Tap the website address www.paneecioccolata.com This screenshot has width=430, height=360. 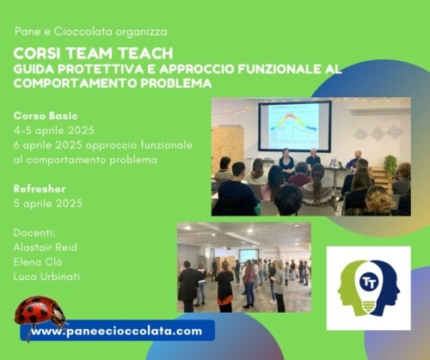tap(117, 331)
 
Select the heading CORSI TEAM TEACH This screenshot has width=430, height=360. tap(93, 53)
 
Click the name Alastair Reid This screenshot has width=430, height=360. tap(46, 247)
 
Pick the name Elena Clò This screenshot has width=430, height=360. tap(38, 262)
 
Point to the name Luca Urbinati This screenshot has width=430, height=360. tap(46, 277)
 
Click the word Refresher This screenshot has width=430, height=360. tap(40, 189)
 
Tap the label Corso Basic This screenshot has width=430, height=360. tap(46, 116)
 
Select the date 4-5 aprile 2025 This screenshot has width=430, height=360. tap(54, 131)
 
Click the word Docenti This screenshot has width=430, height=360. tap(34, 233)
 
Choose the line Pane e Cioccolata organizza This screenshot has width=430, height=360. tap(91, 32)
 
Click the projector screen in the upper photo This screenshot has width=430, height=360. tap(295, 125)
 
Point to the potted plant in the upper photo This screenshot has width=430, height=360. tap(390, 166)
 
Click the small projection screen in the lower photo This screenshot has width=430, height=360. tap(249, 255)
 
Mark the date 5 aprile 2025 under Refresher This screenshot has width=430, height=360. tap(48, 204)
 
